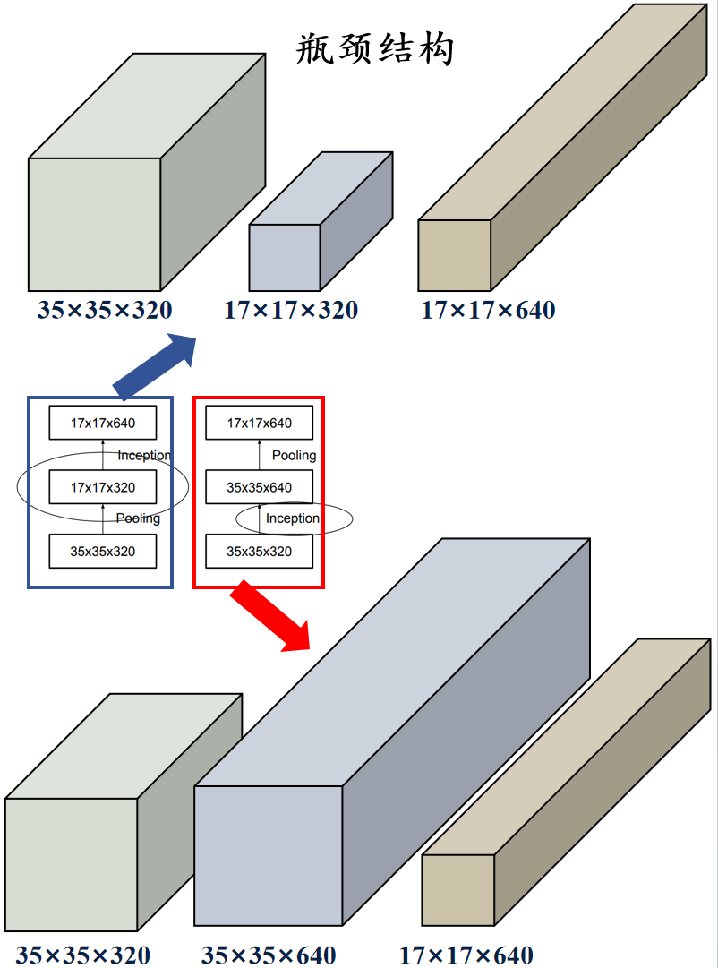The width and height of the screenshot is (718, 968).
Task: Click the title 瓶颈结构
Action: pos(375,49)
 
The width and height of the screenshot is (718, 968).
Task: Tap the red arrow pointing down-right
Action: pos(269,616)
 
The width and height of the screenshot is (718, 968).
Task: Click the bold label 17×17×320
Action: pos(290,311)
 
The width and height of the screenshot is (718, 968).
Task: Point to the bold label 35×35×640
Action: pos(268,955)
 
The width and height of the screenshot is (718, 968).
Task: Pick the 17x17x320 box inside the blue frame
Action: pos(103,487)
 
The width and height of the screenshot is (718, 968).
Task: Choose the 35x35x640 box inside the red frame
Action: pos(260,488)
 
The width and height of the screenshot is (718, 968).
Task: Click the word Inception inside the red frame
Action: pos(293,518)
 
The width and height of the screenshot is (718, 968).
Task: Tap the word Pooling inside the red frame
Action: pos(294,456)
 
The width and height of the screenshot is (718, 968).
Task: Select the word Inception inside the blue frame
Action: pos(143,456)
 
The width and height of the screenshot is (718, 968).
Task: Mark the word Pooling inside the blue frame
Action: pos(138,518)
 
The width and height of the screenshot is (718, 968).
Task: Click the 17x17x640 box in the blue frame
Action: pos(103,424)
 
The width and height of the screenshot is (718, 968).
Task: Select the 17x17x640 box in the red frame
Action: pos(260,424)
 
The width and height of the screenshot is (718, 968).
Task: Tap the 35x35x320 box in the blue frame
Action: pos(103,552)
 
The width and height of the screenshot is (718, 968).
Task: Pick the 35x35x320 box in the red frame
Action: pos(260,552)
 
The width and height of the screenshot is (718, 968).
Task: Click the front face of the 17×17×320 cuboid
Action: pos(284,257)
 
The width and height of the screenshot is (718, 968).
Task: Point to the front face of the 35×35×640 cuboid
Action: pos(268,855)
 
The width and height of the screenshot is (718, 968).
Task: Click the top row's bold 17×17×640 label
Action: pos(488,311)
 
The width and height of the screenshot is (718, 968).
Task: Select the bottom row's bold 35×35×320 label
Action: pos(82,955)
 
